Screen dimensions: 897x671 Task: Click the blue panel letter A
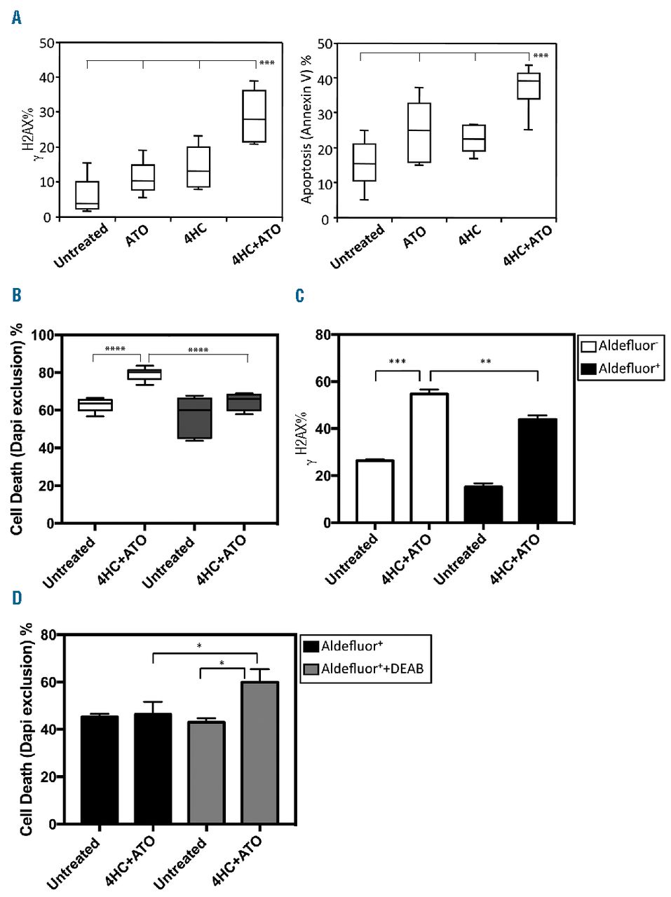point(17,18)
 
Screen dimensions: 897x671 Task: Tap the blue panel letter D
point(17,597)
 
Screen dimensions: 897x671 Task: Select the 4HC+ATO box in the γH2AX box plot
point(254,116)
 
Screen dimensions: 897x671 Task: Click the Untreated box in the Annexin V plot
point(364,163)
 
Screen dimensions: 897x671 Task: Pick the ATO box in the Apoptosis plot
point(419,133)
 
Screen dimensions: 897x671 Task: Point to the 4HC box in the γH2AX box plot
point(198,167)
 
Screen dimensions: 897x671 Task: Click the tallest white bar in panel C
point(429,458)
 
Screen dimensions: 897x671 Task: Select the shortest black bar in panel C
point(483,504)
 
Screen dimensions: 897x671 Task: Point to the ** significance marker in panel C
point(485,362)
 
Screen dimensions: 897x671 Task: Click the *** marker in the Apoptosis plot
point(541,56)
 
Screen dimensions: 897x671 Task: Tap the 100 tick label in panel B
point(43,335)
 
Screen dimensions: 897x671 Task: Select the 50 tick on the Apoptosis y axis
point(324,43)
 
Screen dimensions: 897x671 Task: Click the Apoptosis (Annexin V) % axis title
point(306,130)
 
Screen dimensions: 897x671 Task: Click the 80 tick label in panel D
point(47,635)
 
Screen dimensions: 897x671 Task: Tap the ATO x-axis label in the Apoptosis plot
point(414,237)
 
